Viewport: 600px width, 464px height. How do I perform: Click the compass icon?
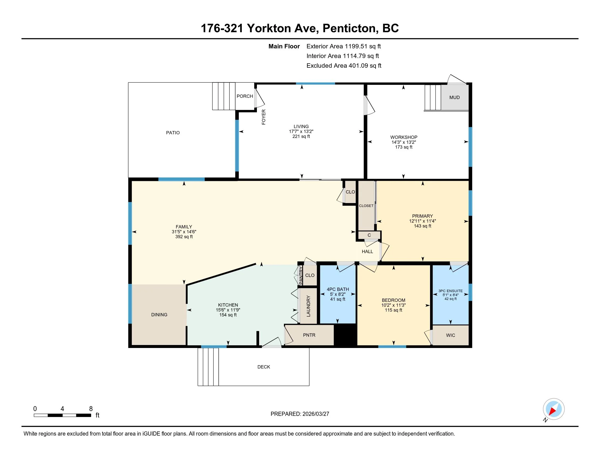(554, 409)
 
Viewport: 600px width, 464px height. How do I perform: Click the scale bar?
(62, 415)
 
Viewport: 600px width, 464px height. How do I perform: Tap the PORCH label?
(245, 96)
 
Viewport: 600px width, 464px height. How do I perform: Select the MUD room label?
(454, 97)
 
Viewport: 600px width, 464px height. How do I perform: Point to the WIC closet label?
(451, 335)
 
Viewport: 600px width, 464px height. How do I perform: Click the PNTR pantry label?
(309, 335)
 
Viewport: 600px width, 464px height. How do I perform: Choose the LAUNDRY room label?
(308, 306)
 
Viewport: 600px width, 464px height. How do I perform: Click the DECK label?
(264, 367)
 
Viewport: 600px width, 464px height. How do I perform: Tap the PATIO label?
(173, 133)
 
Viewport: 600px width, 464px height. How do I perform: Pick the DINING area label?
(159, 315)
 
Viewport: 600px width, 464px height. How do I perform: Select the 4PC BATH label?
(338, 289)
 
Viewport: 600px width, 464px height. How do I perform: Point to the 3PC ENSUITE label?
(451, 291)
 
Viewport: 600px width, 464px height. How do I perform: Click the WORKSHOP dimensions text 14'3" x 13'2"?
(404, 142)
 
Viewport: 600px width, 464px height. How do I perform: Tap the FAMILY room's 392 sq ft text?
(184, 237)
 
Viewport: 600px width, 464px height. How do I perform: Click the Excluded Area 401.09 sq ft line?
(344, 66)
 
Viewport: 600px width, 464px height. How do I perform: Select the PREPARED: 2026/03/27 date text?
(300, 414)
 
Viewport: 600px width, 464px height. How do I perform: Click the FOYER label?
(263, 117)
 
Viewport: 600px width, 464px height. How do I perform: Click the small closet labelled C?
(369, 235)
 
